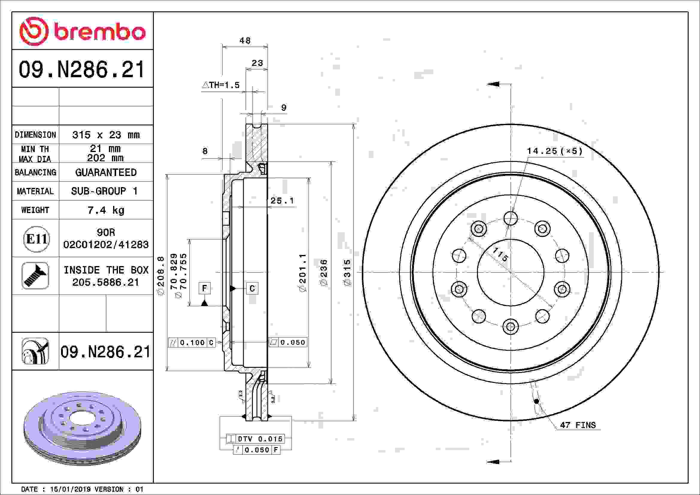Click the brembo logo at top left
(82, 31)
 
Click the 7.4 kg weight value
(106, 210)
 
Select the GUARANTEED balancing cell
(106, 172)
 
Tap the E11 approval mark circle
(37, 239)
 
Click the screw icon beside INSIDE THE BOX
(35, 276)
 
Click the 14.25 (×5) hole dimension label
(555, 151)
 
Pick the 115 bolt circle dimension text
(500, 254)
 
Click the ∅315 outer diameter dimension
(347, 273)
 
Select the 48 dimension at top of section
(245, 40)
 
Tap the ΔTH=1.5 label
(221, 85)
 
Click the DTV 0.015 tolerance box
(256, 439)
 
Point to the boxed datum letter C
(252, 288)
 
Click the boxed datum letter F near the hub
(204, 288)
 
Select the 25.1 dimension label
(282, 201)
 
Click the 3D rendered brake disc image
(82, 429)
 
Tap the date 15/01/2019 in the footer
(70, 489)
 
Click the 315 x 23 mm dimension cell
(106, 135)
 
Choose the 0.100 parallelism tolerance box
(192, 343)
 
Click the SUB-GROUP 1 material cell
(104, 191)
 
